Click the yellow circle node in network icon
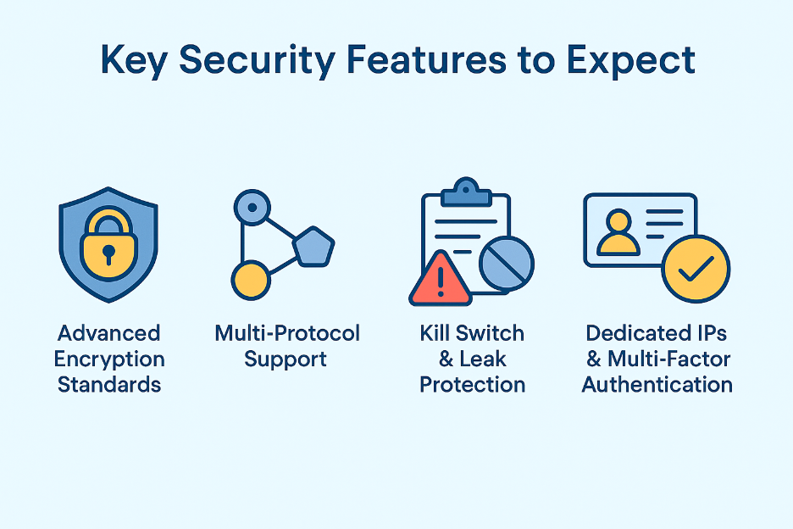(250, 279)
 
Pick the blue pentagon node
(314, 247)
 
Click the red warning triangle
(440, 279)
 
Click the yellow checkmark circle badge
(695, 269)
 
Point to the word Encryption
(109, 359)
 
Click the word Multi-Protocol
(287, 333)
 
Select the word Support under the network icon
(286, 359)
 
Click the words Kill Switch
(472, 333)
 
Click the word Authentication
(657, 384)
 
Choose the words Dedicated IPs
(657, 333)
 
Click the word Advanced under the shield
(109, 333)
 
